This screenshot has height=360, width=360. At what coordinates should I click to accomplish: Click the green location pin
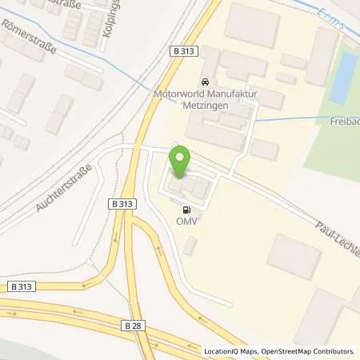181,162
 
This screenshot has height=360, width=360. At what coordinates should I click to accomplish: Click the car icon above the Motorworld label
206,82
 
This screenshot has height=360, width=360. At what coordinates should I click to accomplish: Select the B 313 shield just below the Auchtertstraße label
120,204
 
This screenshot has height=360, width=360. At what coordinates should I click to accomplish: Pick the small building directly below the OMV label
189,246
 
